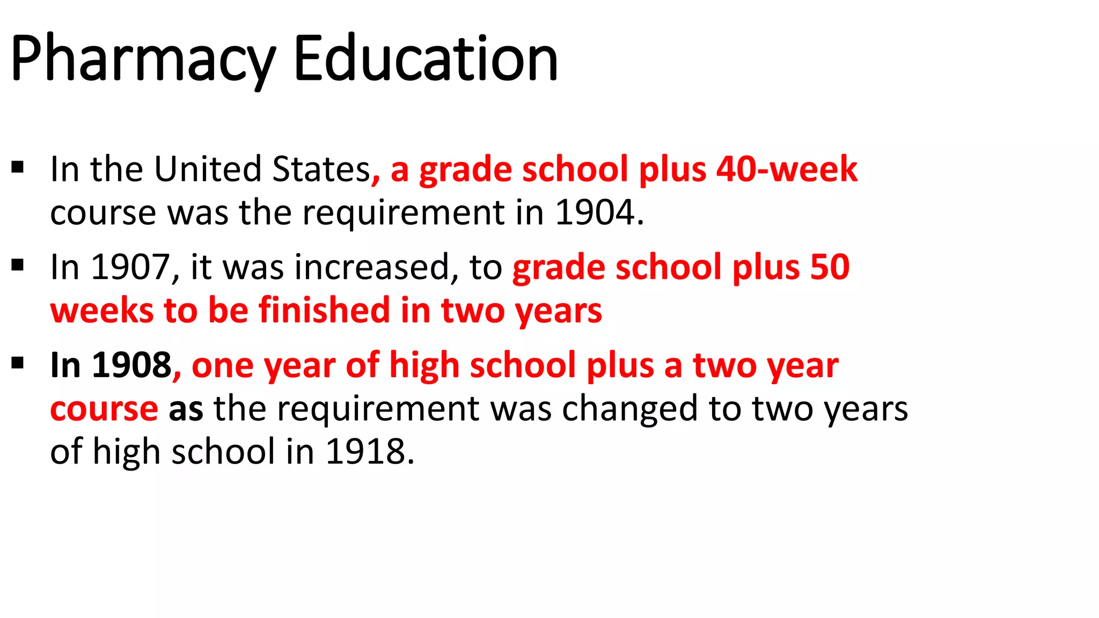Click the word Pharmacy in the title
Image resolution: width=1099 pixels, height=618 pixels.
point(143,59)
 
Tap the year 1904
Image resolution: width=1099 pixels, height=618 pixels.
point(595,212)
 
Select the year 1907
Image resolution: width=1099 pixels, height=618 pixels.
point(130,267)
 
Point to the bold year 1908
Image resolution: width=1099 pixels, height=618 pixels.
point(131,365)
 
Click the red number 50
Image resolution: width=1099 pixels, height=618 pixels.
point(830,267)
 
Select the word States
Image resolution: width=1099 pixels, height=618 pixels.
point(321,170)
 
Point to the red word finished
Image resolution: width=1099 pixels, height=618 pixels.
point(324,311)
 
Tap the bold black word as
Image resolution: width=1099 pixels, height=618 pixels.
point(186,409)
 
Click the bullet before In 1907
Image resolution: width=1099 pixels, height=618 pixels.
point(18,265)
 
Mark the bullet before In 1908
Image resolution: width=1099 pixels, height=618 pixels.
point(18,363)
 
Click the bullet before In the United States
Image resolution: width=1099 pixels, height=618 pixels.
point(18,167)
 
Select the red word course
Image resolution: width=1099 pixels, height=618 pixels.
point(104,409)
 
